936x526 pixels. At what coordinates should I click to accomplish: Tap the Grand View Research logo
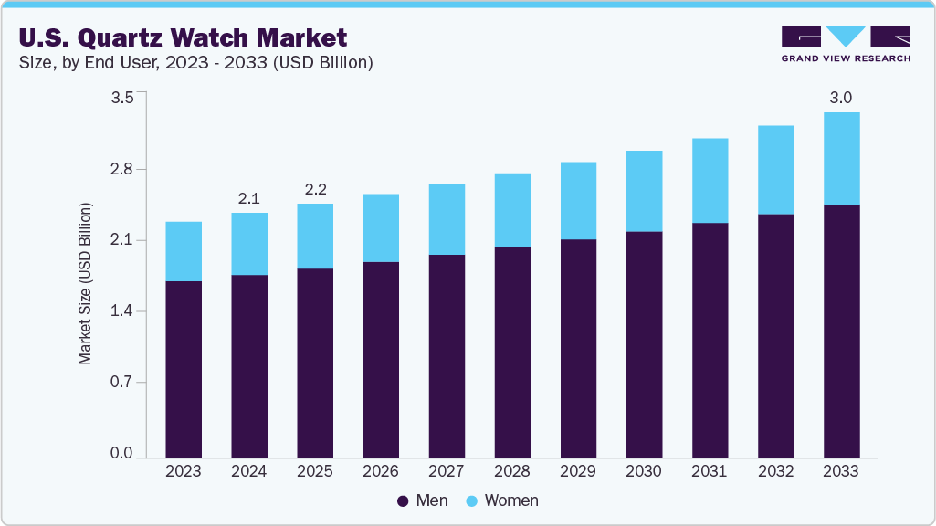coord(846,43)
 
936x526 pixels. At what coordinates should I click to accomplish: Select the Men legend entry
coord(423,500)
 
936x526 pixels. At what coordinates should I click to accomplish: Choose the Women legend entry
coord(501,500)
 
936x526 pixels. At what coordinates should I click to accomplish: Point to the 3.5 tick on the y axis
coord(122,98)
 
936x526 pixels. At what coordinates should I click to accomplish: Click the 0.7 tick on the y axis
coord(122,383)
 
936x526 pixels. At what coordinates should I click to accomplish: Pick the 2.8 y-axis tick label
coord(122,170)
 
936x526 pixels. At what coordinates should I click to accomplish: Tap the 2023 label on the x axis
coord(184,471)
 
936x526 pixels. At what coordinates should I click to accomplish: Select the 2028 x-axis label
coord(512,471)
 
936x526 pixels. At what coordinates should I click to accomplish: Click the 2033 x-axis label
coord(841,471)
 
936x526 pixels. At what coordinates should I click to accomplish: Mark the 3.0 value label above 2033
coord(841,98)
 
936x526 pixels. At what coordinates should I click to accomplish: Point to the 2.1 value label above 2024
coord(249,198)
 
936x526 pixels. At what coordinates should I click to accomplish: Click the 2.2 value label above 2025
coord(315,190)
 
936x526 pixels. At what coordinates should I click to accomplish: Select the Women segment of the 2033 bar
coord(841,158)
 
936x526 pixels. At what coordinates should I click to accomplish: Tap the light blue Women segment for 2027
coord(447,219)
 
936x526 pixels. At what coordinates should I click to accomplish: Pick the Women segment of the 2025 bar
coord(315,236)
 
